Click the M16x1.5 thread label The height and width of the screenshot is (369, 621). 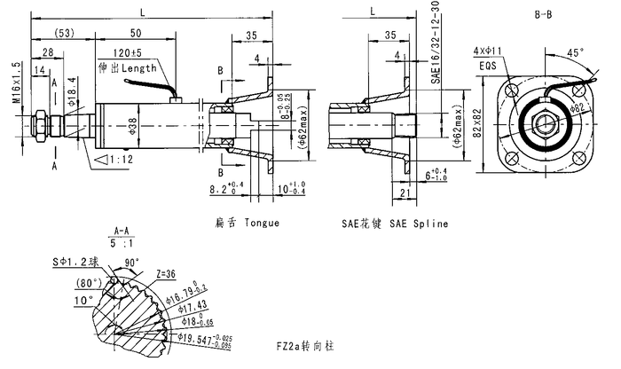click(17, 82)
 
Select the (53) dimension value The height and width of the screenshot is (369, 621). click(64, 33)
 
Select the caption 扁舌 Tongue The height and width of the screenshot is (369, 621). click(247, 223)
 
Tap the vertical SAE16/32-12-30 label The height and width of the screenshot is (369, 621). click(435, 43)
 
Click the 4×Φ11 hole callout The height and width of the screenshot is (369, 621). click(488, 51)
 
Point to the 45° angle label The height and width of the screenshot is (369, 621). click(577, 52)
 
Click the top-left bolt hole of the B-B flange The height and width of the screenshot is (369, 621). click(514, 90)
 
